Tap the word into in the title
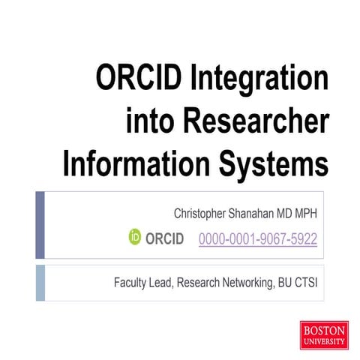coord(153,120)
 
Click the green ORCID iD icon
coord(135,239)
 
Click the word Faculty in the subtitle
coord(130,283)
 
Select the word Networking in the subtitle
coord(243,283)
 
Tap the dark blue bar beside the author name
coord(40,224)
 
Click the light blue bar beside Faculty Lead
coord(40,282)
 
